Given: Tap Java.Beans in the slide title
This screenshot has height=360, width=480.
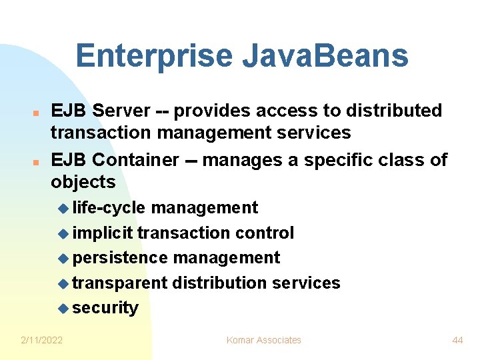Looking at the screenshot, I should [x=325, y=56].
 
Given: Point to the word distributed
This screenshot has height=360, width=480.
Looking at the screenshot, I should [x=393, y=111].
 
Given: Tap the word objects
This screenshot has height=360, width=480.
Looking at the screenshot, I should [x=83, y=182].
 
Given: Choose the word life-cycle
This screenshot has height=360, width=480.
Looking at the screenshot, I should [x=108, y=208].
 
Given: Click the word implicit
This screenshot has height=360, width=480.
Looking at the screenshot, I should [x=103, y=233].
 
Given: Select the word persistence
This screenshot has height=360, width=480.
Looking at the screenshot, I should [x=120, y=257].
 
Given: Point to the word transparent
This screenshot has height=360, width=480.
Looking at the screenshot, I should [x=120, y=283].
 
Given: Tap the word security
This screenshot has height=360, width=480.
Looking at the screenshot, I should [x=105, y=308].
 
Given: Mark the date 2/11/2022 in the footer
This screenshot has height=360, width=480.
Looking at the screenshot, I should [x=42, y=340].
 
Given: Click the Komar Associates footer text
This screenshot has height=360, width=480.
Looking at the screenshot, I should [x=264, y=340].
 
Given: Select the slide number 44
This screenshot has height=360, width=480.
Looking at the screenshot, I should [x=457, y=340].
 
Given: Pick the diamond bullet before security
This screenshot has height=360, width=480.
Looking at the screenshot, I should [x=63, y=309].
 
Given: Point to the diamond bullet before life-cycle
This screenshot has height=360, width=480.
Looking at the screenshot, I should [x=63, y=209].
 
